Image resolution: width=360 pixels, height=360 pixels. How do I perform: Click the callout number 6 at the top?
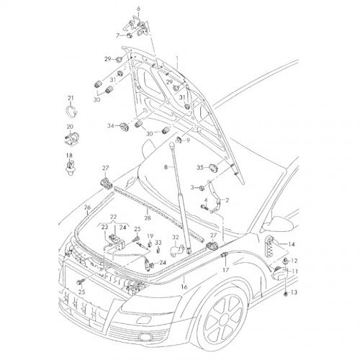click(138, 9)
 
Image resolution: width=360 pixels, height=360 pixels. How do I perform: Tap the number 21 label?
click(71, 98)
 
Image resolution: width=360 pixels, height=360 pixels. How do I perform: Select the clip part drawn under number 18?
click(70, 167)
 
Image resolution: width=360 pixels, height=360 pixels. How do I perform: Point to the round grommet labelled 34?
click(125, 127)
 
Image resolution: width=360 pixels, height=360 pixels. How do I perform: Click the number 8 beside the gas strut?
click(166, 167)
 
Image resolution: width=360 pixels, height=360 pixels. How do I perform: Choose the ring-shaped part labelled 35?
click(213, 168)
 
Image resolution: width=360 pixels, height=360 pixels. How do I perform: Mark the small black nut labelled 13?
click(286, 294)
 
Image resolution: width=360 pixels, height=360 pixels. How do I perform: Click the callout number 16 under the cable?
click(184, 287)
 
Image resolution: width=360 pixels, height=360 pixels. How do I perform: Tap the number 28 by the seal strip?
click(148, 218)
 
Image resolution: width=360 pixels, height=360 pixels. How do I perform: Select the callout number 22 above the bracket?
click(113, 217)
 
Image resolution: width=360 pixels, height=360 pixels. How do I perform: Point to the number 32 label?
click(176, 237)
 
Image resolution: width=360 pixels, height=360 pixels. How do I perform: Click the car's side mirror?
click(279, 224)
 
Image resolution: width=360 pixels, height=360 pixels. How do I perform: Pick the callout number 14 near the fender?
click(292, 244)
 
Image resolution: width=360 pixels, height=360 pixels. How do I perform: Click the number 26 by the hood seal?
click(87, 207)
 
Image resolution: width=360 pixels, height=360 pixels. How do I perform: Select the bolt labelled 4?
click(204, 207)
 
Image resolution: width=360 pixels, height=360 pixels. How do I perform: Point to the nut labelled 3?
click(202, 188)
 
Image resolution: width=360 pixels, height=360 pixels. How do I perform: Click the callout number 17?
click(225, 270)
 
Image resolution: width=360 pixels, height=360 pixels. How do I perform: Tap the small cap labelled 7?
click(129, 35)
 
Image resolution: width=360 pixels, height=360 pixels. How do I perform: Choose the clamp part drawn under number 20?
click(72, 138)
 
